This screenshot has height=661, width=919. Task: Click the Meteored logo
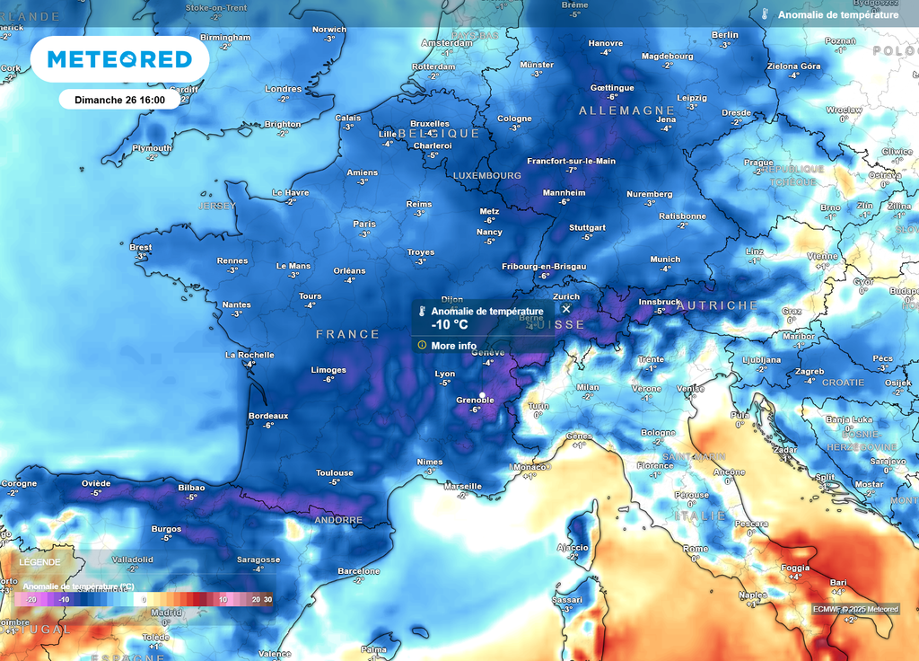pyautogui.click(x=119, y=59)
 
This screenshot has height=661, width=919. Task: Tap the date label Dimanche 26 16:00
pyautogui.click(x=114, y=100)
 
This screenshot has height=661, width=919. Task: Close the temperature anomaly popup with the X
pyautogui.click(x=566, y=309)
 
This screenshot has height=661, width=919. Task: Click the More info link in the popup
pyautogui.click(x=453, y=345)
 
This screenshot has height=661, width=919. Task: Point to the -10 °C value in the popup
pyautogui.click(x=450, y=325)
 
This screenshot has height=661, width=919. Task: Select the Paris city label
pyautogui.click(x=364, y=224)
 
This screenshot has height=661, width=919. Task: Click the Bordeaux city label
pyautogui.click(x=268, y=416)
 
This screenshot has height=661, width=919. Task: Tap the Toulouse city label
pyautogui.click(x=334, y=472)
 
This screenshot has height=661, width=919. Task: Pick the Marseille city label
pyautogui.click(x=463, y=486)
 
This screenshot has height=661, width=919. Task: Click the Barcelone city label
pyautogui.click(x=358, y=571)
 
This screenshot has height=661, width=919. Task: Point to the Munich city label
pyautogui.click(x=665, y=259)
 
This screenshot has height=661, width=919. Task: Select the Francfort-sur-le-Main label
pyautogui.click(x=571, y=161)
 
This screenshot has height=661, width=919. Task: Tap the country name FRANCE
pyautogui.click(x=347, y=334)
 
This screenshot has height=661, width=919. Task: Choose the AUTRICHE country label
pyautogui.click(x=717, y=305)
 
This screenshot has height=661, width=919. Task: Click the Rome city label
pyautogui.click(x=695, y=549)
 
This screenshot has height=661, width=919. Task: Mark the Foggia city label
pyautogui.click(x=795, y=568)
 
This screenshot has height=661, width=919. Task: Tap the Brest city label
pyautogui.click(x=141, y=247)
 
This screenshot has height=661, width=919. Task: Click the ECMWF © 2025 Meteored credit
pyautogui.click(x=855, y=609)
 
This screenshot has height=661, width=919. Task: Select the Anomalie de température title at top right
pyautogui.click(x=837, y=15)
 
